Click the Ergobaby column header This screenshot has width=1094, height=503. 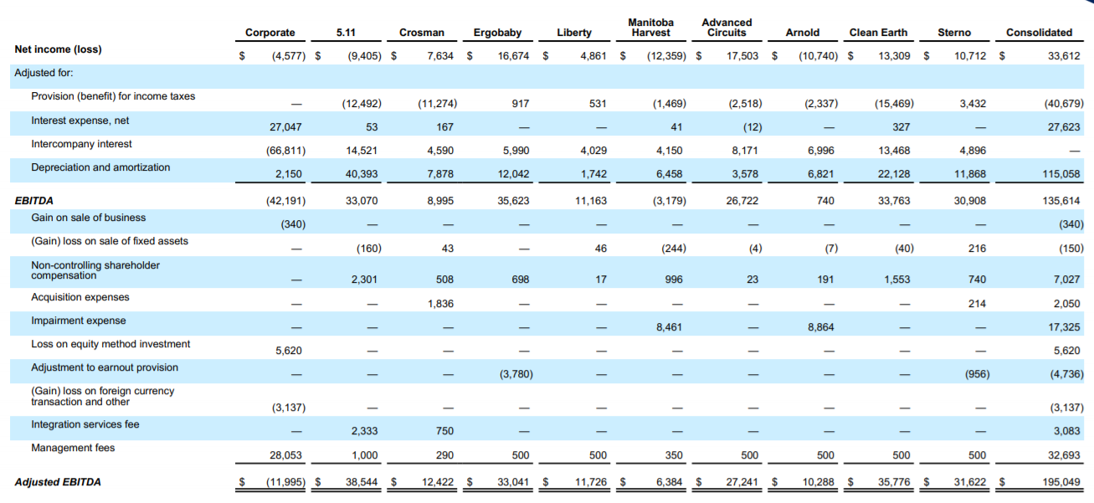pos(497,33)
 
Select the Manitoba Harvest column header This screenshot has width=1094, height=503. pos(650,28)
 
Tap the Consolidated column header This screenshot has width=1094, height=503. pos(1039,33)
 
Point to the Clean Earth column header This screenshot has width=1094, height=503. pos(878,33)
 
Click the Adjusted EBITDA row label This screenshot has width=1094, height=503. pos(58,482)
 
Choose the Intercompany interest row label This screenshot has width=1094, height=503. pos(81,144)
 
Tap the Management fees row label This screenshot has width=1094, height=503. pos(73,449)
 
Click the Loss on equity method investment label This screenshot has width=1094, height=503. pos(110,345)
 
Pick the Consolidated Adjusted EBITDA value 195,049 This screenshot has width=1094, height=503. pos(1061,483)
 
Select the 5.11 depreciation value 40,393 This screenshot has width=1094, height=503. pos(362,174)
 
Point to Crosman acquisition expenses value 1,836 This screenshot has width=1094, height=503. pos(439,304)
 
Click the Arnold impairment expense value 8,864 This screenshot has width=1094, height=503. pos(820,327)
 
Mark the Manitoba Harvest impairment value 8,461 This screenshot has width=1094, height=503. pos(668,327)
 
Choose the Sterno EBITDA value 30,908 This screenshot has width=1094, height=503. pos(970,201)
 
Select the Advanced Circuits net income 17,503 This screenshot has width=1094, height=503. pos(743,56)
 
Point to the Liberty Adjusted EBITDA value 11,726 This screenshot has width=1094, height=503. pos(591,483)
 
